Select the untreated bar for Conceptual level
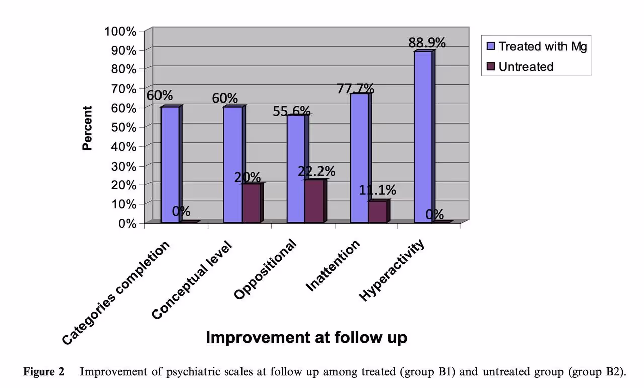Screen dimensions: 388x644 click(251, 203)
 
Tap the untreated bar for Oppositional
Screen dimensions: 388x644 click(314, 201)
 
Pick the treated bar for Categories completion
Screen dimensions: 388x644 click(170, 165)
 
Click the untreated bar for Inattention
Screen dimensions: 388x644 click(377, 211)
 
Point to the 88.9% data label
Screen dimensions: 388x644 click(427, 43)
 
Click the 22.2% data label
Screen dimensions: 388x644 click(316, 171)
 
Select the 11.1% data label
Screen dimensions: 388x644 click(377, 190)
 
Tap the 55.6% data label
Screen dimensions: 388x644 click(292, 111)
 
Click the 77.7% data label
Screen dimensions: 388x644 click(355, 89)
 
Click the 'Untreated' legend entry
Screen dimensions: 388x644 click(525, 67)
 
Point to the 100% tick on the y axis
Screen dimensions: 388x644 click(120, 31)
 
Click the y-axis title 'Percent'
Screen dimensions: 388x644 click(88, 128)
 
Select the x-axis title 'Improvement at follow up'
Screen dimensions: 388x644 click(306, 337)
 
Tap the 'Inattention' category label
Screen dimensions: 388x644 click(333, 265)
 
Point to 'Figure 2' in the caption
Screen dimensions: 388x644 click(44, 372)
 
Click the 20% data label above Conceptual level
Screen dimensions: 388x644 click(247, 177)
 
